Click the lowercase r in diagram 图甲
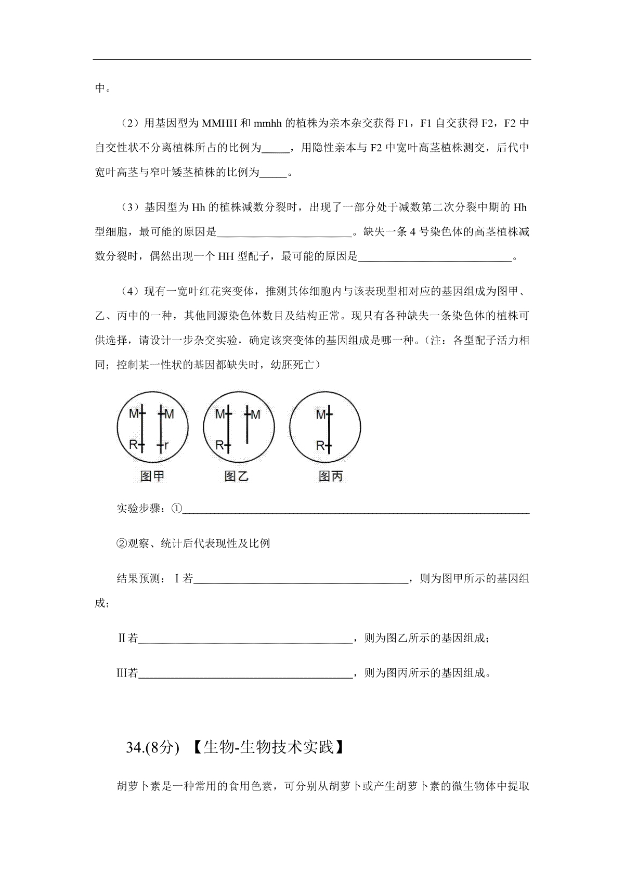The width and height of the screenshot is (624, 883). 166,445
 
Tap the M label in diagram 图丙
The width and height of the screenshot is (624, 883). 320,414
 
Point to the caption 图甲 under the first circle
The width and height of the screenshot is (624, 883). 152,476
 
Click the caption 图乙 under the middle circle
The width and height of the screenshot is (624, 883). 237,476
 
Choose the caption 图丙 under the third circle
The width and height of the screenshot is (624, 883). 330,476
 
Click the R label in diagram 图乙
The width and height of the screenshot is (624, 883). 219,445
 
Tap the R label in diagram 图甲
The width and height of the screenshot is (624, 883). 133,445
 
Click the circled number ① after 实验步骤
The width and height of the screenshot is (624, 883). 177,509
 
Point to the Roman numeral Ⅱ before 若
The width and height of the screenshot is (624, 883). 122,638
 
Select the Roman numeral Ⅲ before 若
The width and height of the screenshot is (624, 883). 122,673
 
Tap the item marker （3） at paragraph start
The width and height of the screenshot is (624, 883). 129,207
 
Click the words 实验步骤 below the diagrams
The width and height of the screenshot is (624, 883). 140,509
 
